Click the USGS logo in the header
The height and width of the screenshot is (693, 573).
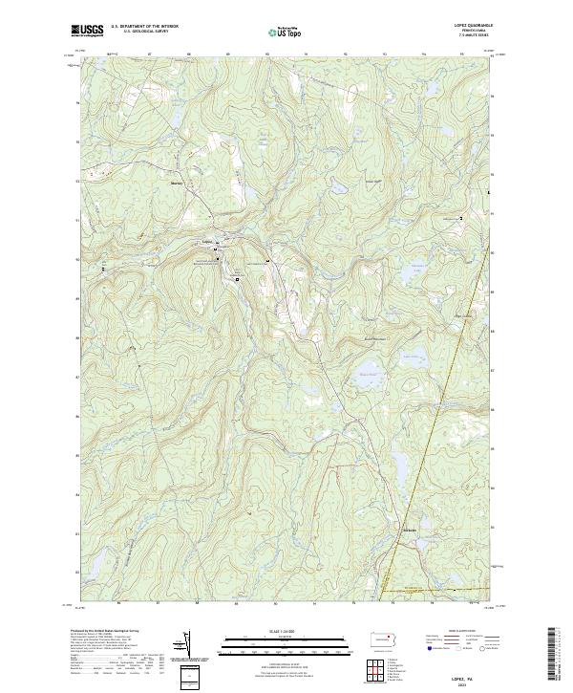tap(87, 32)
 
